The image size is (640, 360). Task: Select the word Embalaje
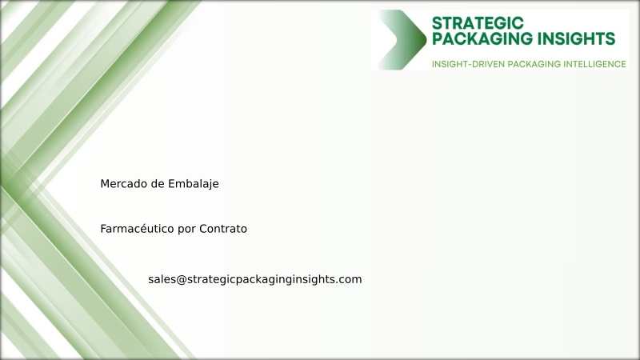194,184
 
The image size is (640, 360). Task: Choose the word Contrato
223,229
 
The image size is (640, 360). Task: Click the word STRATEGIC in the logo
478,22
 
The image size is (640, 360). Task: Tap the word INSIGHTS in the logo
579,38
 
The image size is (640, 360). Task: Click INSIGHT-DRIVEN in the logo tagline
467,63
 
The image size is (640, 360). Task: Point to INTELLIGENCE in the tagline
596,63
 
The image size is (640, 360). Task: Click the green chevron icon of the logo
402,40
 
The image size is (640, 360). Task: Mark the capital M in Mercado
105,184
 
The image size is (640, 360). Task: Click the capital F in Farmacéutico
103,229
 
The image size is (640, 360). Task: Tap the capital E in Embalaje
171,184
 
